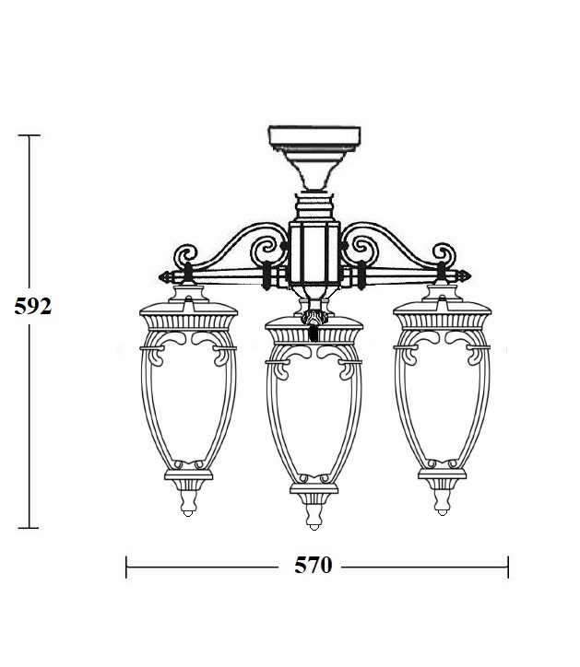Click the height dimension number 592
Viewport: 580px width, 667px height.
(x=33, y=306)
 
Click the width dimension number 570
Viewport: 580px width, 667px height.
(x=313, y=566)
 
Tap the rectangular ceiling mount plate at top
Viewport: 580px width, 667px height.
(x=314, y=135)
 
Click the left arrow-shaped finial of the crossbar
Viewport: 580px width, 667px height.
(x=166, y=277)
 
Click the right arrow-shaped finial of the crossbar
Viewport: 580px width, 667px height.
(x=463, y=276)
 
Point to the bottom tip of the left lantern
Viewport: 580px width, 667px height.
(x=188, y=515)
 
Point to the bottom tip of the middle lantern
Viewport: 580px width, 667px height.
(x=314, y=528)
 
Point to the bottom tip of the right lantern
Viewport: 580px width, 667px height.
(x=442, y=514)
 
